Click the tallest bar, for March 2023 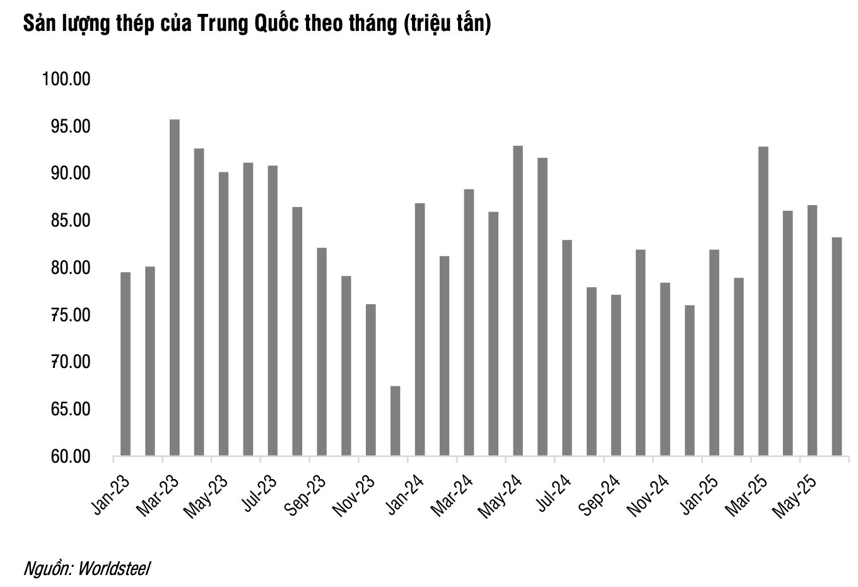point(175,287)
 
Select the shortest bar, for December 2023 point(396,420)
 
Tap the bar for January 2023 point(126,364)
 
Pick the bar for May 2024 point(518,300)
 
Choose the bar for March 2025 point(763,300)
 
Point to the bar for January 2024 point(420,329)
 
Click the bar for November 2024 point(665,369)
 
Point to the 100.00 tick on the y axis point(66,80)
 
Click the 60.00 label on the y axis point(66,456)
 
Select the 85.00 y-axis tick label point(66,221)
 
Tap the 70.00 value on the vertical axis point(66,362)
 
